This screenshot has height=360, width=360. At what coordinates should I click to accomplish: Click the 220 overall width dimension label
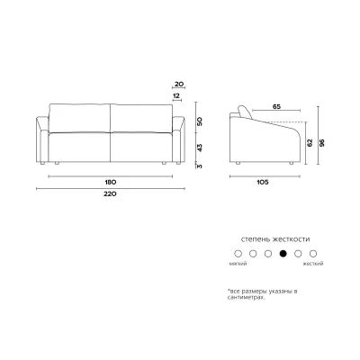point(110,194)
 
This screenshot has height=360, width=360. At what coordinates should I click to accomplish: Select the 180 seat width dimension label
point(110,182)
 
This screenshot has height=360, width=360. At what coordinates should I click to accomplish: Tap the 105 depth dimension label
point(263,182)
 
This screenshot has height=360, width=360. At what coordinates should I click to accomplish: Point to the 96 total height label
point(322,143)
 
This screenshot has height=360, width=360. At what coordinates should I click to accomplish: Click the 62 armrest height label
point(310,143)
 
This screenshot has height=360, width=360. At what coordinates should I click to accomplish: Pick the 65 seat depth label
point(276,106)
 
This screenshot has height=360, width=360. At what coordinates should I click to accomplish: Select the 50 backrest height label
point(200,121)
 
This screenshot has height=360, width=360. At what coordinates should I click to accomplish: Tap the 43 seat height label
point(200,148)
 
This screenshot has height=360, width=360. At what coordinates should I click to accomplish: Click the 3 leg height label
point(200,166)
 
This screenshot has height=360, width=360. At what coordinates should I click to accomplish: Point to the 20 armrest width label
point(179,85)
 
